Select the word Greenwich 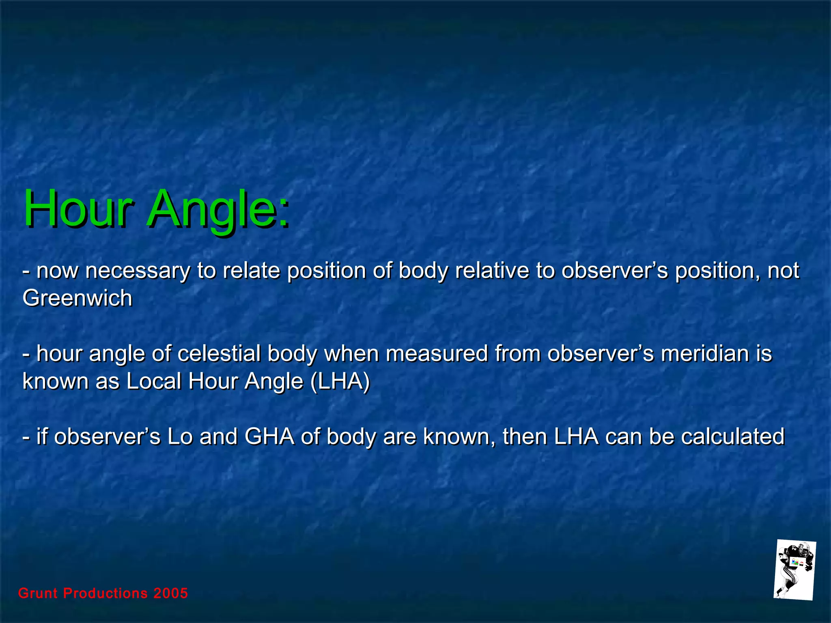[x=78, y=299]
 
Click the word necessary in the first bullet [x=138, y=271]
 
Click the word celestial [x=219, y=353]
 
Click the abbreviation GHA [x=269, y=437]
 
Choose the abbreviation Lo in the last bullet [x=180, y=437]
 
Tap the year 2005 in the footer [x=170, y=593]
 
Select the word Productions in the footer [x=106, y=593]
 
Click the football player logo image [x=794, y=570]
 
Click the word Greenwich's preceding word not [x=783, y=271]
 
